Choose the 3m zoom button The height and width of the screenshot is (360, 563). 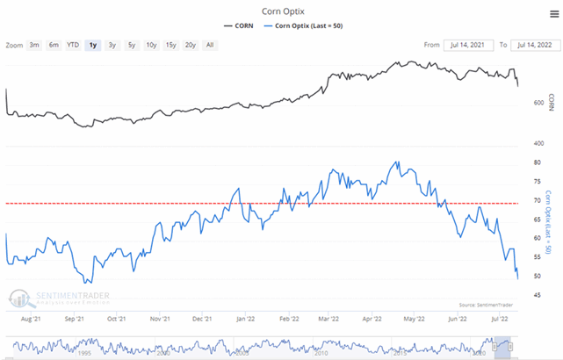coord(33,45)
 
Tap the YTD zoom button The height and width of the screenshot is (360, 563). coord(73,45)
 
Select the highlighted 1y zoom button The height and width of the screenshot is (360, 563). coord(92,45)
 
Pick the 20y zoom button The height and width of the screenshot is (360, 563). coord(189,45)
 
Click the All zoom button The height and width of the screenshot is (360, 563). coord(209,45)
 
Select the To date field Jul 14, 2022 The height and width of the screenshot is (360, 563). coord(535,45)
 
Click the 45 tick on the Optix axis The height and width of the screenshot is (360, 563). coord(535,295)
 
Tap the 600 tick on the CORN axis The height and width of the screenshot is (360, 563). coord(538,104)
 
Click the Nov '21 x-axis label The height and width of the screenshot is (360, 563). coord(159,320)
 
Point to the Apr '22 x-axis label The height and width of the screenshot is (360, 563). coord(370,320)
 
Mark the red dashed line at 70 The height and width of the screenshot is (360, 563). coord(263,203)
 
